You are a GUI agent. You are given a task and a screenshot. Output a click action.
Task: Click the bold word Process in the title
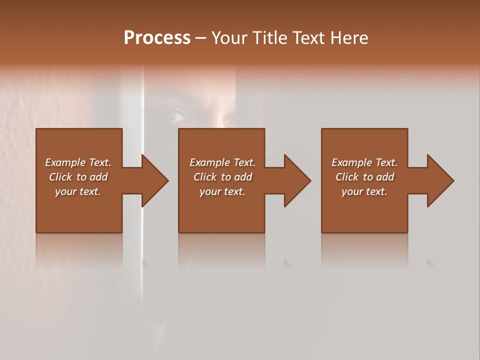point(157,38)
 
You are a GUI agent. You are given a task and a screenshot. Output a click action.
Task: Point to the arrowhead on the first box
point(149,180)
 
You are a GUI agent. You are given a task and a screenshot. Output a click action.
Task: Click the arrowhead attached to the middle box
point(292,180)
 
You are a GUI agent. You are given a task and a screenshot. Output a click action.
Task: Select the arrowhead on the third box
point(435,180)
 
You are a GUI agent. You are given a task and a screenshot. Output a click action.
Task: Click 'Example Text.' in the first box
point(78,162)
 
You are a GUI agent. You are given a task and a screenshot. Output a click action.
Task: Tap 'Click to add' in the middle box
point(222,177)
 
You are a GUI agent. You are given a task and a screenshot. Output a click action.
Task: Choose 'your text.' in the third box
point(364,191)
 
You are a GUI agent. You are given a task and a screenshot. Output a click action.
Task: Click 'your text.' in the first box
point(78,191)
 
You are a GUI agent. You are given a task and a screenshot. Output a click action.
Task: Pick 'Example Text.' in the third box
point(364,162)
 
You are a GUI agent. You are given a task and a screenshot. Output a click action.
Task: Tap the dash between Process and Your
point(200,38)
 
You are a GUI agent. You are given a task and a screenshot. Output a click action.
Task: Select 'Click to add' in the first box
point(78,177)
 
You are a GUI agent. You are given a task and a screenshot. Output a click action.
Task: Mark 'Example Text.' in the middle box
point(222,162)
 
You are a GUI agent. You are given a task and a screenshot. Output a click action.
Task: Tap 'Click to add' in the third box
point(364,177)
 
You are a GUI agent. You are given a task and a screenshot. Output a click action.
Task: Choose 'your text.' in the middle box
point(222,191)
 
